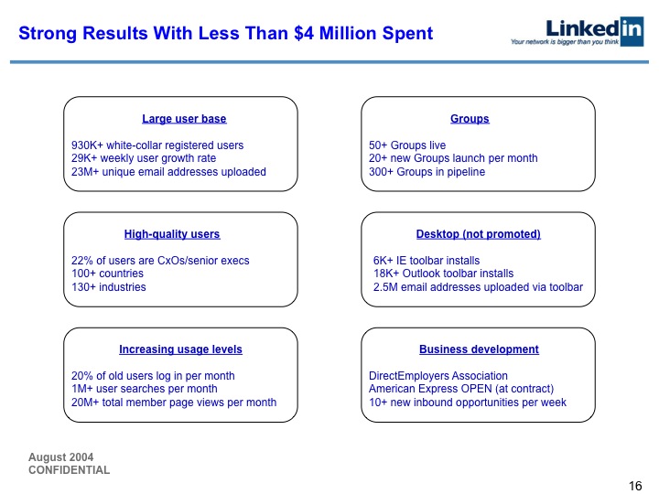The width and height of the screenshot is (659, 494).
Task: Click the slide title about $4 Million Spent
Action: pyautogui.click(x=225, y=35)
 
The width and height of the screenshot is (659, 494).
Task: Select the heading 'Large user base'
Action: pyautogui.click(x=184, y=119)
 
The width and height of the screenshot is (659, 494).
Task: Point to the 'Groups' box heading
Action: pyautogui.click(x=470, y=119)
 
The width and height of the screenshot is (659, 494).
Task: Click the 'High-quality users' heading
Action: pyautogui.click(x=172, y=234)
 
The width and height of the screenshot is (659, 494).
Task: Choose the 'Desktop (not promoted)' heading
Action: pyautogui.click(x=478, y=234)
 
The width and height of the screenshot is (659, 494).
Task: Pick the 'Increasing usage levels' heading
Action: pyautogui.click(x=180, y=349)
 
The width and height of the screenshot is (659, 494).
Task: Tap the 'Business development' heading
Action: pyautogui.click(x=479, y=349)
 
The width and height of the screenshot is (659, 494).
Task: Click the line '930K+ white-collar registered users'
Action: pyautogui.click(x=157, y=145)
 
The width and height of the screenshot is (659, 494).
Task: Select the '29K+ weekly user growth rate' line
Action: pyautogui.click(x=144, y=158)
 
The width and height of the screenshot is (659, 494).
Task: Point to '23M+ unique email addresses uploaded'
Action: pyautogui.click(x=168, y=172)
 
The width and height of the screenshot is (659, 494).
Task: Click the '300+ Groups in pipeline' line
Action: pyautogui.click(x=427, y=172)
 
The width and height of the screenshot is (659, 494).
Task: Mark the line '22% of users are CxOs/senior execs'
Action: pyautogui.click(x=160, y=261)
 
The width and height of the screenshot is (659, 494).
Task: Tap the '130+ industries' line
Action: pyautogui.click(x=108, y=287)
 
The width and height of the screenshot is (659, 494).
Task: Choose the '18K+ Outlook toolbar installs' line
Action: pyautogui.click(x=443, y=274)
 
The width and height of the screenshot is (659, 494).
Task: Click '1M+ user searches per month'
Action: pyautogui.click(x=144, y=389)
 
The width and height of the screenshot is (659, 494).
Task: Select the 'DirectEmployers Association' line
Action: pyautogui.click(x=438, y=376)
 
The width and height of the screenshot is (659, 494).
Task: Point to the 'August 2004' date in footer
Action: pyautogui.click(x=60, y=457)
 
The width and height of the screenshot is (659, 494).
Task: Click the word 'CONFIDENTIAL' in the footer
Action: pyautogui.click(x=69, y=470)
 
